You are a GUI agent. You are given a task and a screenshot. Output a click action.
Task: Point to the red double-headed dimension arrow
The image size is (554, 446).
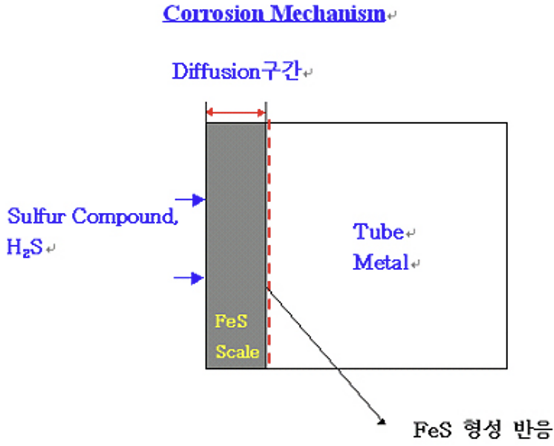pos(235,113)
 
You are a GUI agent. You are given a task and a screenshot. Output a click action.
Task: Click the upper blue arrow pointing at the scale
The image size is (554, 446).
pos(189,200)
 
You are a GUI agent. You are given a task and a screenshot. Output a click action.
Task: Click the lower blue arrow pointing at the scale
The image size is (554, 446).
pos(189,278)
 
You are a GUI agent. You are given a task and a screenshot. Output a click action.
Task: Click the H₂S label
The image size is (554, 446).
pos(25,248)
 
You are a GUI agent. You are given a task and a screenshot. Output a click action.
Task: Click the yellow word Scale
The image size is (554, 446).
pos(238,351)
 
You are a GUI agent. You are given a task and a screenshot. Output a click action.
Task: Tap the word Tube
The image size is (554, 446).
pos(377,232)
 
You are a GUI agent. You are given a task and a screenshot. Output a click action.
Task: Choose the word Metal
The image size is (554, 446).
pos(381,263)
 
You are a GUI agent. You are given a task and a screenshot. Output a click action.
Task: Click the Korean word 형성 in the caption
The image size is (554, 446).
pos(480,429)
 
